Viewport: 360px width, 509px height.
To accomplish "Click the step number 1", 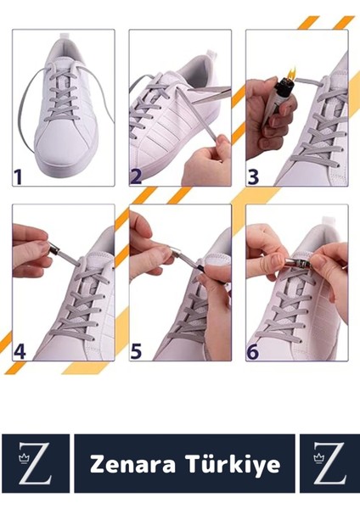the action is (18, 176).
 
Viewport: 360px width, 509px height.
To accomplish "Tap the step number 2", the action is (136, 176).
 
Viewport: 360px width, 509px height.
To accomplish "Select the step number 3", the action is (253, 176).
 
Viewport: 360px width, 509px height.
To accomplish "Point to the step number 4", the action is (20, 351).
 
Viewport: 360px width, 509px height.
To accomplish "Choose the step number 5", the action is (136, 351).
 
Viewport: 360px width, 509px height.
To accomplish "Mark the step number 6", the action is (253, 351).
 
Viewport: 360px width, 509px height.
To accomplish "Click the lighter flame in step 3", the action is (290, 72).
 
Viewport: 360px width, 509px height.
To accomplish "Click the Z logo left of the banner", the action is (35, 463).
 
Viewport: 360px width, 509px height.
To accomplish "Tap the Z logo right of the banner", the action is (329, 463).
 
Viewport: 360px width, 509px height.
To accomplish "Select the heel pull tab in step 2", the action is (211, 54).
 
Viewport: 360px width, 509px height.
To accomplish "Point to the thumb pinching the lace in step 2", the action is (222, 143).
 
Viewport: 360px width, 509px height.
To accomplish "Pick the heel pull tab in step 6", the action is (329, 222).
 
